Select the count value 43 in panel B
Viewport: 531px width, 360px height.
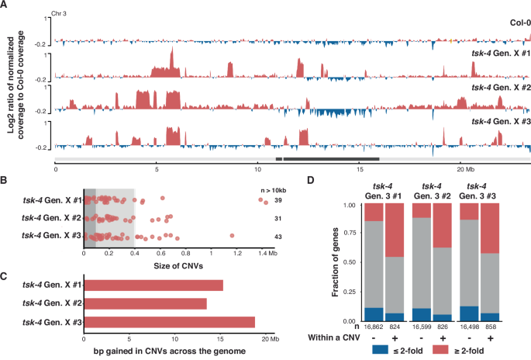277,236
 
